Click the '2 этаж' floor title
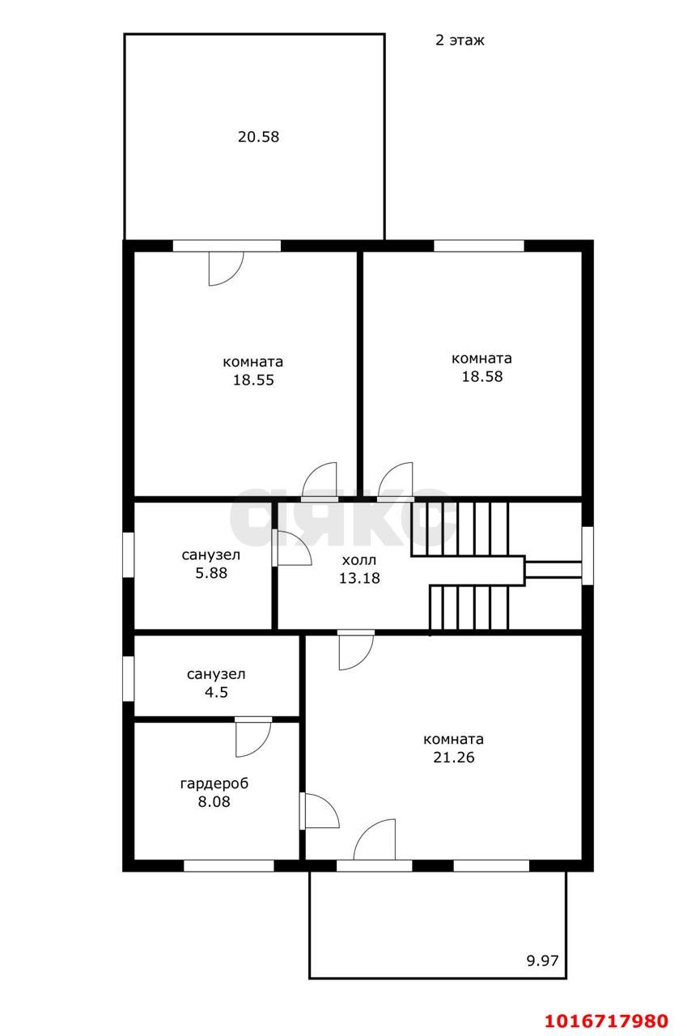tap(460, 40)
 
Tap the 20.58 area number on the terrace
tap(258, 137)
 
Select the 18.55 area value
tap(253, 380)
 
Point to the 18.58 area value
tap(482, 376)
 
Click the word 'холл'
tap(358, 561)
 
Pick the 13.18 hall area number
tap(359, 578)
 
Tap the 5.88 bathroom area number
tap(211, 573)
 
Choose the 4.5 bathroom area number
tap(216, 692)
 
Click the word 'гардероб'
tap(214, 783)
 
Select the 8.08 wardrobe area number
tap(214, 801)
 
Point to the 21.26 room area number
tap(454, 757)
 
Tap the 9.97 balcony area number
tap(543, 961)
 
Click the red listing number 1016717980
tap(607, 1020)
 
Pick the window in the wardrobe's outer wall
tap(229, 865)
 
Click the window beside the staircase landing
tap(587, 555)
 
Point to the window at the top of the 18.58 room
tap(478, 245)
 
